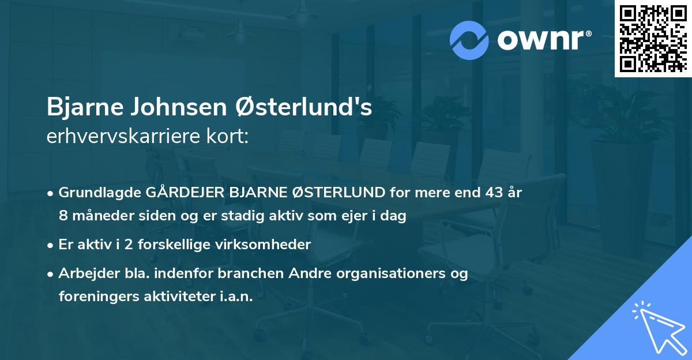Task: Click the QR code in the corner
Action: coord(653,39)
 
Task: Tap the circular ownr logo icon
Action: coord(469,40)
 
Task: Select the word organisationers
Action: coord(397,273)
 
